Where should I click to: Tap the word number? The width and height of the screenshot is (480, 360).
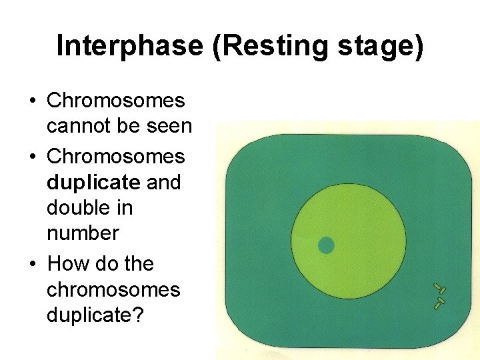point(83,233)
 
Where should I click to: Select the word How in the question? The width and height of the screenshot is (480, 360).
point(67,264)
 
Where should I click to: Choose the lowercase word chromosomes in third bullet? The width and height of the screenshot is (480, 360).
point(113,290)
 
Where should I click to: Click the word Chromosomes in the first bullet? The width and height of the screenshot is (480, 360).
point(115,101)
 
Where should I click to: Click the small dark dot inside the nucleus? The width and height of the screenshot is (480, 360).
point(325,245)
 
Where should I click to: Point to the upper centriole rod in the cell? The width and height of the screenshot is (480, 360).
point(439,289)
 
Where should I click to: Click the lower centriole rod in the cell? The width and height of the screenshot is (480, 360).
point(438,303)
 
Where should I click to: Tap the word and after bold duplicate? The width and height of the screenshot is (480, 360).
point(163,182)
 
